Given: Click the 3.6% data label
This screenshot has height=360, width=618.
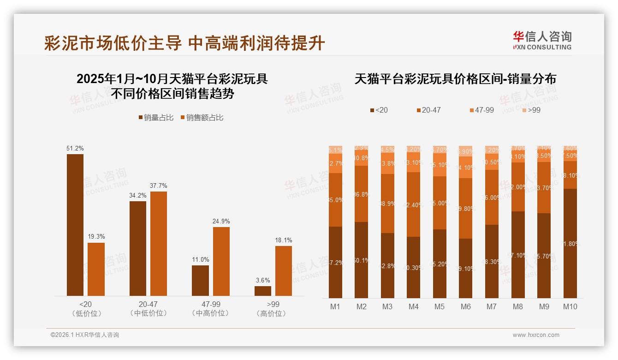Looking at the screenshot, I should (x=262, y=280).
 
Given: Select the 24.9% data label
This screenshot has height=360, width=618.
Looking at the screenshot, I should (x=221, y=221).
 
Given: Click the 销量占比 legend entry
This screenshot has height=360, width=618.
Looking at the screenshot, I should (x=156, y=118).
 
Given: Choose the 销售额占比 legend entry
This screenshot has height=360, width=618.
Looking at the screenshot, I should (x=202, y=118).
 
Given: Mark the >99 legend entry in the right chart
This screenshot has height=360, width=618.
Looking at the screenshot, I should (x=531, y=110).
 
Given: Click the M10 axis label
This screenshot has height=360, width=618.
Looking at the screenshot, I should (x=570, y=306).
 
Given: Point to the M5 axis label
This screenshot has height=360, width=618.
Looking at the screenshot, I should (x=440, y=306).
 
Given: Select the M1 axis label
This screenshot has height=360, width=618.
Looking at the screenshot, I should (x=335, y=306).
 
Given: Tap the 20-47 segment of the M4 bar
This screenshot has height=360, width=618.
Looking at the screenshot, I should (x=414, y=204).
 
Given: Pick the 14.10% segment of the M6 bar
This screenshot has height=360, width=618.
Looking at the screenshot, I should (x=466, y=168).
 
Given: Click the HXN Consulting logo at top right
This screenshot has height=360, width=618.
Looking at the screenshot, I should (x=542, y=40).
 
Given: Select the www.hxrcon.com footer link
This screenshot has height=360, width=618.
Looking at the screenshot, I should (x=536, y=335).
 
